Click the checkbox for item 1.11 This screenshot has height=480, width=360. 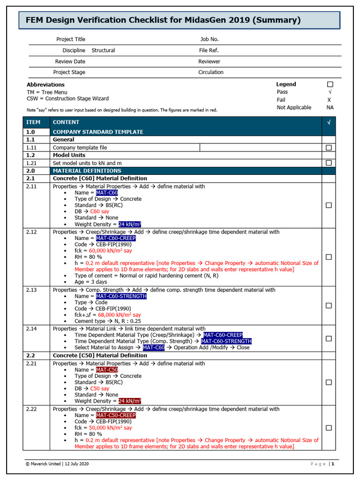coord(329,148)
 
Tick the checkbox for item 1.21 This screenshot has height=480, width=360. coord(329,163)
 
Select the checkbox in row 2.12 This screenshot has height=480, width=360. coord(329,257)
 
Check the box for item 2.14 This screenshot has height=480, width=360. coord(329,338)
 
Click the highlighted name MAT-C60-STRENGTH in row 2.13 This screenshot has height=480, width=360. coord(121,296)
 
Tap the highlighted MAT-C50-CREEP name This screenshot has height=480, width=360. coord(116,415)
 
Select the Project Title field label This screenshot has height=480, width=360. coord(71,39)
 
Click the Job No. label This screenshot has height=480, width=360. coord(209,39)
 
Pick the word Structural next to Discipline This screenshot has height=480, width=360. coord(103,50)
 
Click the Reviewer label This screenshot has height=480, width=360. coord(209,61)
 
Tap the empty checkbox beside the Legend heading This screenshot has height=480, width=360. coord(330,84)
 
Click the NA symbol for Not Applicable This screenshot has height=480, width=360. coord(330,107)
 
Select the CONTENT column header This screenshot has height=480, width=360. coord(66,122)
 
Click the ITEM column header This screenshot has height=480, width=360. coord(33,122)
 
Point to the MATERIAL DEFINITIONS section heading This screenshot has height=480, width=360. coord(87,171)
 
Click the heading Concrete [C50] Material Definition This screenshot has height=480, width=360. coord(100,355)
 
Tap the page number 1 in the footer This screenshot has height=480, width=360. coord(332,464)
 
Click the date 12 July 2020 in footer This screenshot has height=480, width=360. coord(75,464)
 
